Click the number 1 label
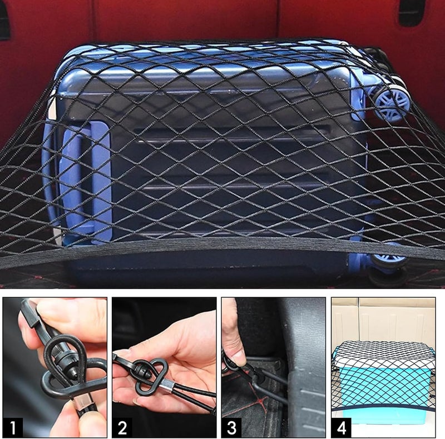coord(12,428)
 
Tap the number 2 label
coord(122,428)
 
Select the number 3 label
coord(231,428)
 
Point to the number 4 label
coord(342,428)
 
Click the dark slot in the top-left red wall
coord(4,20)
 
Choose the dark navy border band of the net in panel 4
coord(383,406)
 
